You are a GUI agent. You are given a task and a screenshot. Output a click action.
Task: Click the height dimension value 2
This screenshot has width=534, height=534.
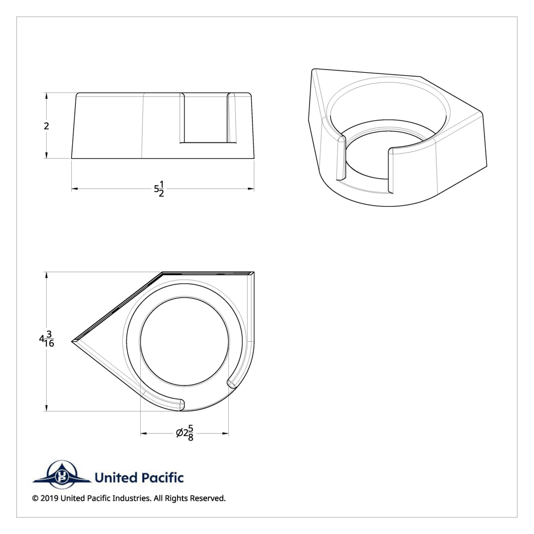[46, 125]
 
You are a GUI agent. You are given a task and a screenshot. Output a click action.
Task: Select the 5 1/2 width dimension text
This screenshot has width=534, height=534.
[159, 189]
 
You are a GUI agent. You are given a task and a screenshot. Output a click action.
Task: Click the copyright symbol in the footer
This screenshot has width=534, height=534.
[35, 498]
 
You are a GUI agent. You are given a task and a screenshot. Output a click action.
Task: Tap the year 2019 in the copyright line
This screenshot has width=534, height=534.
[49, 498]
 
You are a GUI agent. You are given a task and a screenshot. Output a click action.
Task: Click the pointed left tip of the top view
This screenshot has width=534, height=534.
[73, 341]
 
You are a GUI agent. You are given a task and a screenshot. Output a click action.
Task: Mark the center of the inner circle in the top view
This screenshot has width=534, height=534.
[184, 341]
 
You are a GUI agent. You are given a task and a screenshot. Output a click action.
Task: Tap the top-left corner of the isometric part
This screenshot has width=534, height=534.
[314, 70]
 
